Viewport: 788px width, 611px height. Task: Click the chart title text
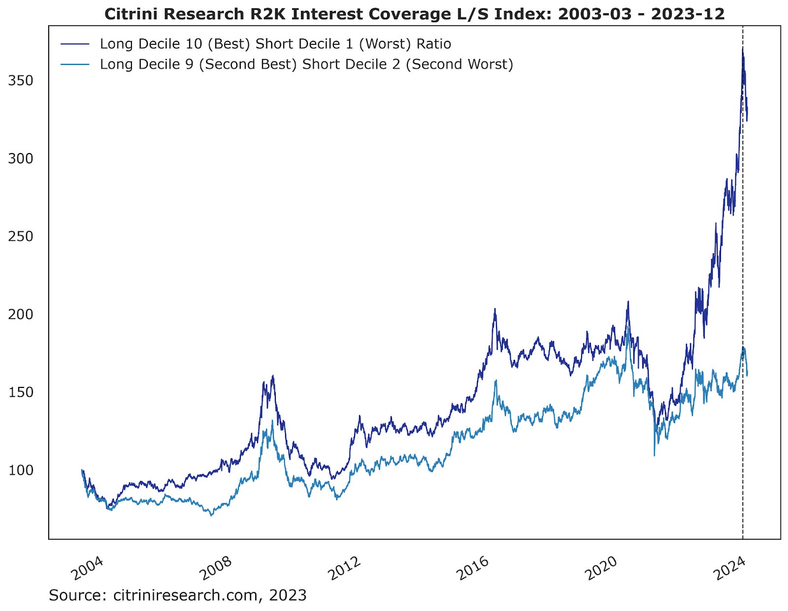(414, 13)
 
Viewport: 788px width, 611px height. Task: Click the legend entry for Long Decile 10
(275, 44)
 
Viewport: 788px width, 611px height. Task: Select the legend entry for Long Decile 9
(306, 64)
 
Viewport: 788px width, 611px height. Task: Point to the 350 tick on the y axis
(21, 80)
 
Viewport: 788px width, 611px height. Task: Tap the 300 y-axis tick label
(21, 159)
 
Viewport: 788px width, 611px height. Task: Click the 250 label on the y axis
(21, 236)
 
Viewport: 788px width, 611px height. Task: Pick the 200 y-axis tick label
(21, 314)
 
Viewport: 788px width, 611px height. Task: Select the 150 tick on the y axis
(21, 392)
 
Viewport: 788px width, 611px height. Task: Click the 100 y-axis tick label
(21, 470)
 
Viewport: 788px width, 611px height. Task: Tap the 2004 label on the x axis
(87, 568)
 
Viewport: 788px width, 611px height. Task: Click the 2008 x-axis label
(215, 568)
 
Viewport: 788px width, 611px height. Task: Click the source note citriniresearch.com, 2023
(177, 595)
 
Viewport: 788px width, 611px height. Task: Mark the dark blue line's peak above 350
(743, 49)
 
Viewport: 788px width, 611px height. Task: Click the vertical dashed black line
(743, 295)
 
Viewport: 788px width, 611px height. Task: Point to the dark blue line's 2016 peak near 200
(494, 310)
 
